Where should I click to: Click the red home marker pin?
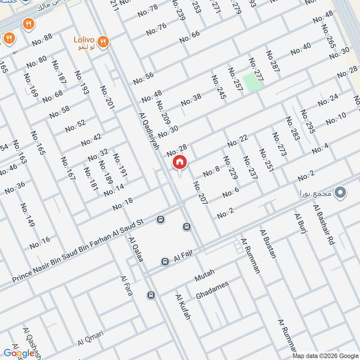tap(179, 162)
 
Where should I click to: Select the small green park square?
tap(252, 83)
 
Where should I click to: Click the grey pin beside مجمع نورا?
tap(341, 193)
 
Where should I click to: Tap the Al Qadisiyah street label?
tap(149, 131)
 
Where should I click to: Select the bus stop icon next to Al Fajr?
tap(165, 261)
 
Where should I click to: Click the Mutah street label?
tap(205, 275)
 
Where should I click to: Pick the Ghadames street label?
tap(212, 290)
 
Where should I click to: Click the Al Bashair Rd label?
tap(324, 224)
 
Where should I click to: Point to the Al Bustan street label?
tap(267, 243)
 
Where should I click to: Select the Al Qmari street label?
tap(90, 338)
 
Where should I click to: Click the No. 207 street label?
tap(200, 193)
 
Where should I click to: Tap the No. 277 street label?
tap(256, 69)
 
